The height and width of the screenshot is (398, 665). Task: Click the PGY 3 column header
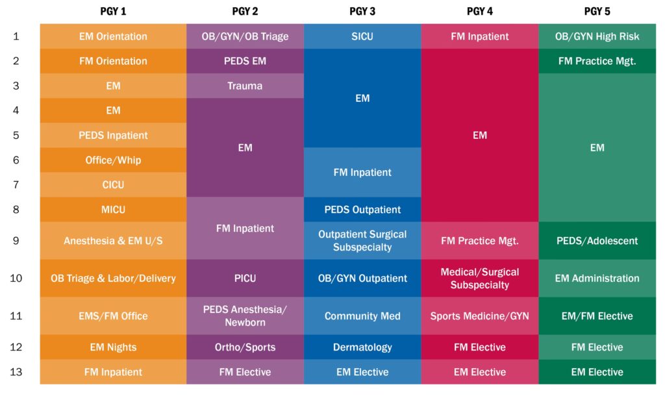pos(362,11)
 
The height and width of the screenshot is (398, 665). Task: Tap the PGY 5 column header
pos(597,11)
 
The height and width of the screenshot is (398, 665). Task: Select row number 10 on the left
pos(16,278)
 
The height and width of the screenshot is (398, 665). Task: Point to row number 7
pos(16,184)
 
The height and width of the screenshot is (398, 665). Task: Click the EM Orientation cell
pos(113,36)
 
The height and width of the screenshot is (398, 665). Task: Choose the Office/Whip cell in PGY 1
pos(113,160)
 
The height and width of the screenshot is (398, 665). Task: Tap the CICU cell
pos(113,184)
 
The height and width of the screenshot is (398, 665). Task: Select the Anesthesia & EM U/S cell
pos(113,240)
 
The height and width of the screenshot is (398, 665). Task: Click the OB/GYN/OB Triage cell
pos(245,36)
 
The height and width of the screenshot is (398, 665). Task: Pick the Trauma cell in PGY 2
pos(245,86)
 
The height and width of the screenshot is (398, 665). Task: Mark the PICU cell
pos(245,278)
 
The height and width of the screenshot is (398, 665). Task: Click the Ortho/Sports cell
pos(245,347)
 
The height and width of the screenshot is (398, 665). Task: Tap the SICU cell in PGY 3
pos(362,36)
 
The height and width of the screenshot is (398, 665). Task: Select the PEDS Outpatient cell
pos(362,210)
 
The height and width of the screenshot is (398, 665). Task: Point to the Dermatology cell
pos(362,347)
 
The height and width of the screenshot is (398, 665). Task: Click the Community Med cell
pos(362,316)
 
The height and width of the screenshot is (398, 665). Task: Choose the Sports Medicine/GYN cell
pos(479,316)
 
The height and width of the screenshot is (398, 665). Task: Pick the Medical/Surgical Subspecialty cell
pos(479,278)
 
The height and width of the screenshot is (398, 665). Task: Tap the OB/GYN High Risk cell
pos(597,36)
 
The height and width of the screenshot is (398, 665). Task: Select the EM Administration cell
pos(597,278)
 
